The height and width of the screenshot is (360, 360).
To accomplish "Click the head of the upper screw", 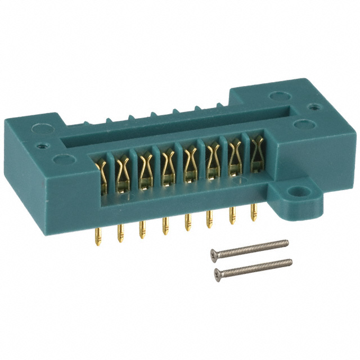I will [x=214, y=253].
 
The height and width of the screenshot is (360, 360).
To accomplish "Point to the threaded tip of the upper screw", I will [x=286, y=242].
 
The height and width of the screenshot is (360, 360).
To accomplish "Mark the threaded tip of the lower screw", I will [x=290, y=261].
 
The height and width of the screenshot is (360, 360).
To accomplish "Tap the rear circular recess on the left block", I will [x=40, y=128].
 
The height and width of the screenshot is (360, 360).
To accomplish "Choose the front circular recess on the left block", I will [x=59, y=160].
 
